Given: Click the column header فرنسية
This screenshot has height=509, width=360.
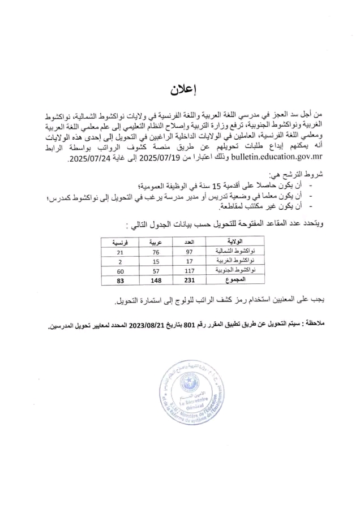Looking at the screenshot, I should [x=119, y=241].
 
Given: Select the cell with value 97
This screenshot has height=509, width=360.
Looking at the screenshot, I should [x=190, y=251].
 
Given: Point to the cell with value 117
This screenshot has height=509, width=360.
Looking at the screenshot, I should [x=190, y=270].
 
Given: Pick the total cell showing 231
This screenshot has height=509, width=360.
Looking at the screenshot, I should [x=190, y=280].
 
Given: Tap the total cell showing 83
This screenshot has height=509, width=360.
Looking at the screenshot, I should [x=119, y=280].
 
